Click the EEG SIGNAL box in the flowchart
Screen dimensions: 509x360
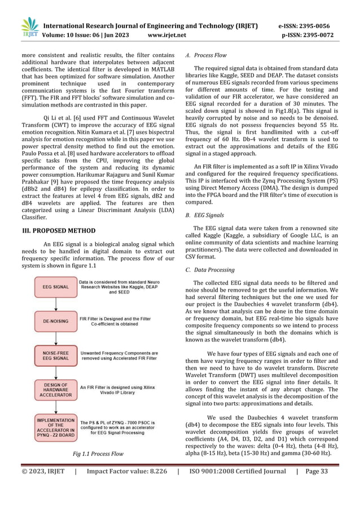(55, 287)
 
